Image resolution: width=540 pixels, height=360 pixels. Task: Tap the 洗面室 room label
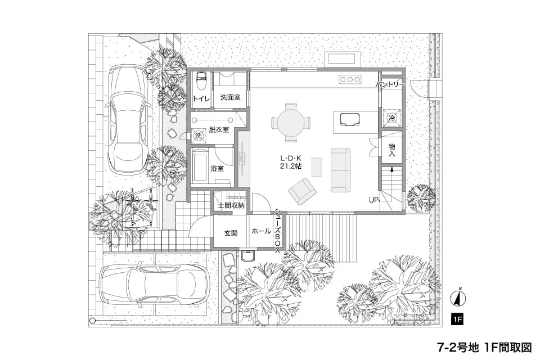pos(230,97)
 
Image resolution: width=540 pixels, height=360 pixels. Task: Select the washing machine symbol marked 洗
pos(199,136)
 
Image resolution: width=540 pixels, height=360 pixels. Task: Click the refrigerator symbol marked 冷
pos(392,118)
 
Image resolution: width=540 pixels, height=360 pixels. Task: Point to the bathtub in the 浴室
pos(200,166)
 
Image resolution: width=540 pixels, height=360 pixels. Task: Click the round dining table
pos(291,122)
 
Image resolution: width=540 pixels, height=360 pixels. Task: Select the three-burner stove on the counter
pos(350,79)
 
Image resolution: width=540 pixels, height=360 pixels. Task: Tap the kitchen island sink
pos(350,119)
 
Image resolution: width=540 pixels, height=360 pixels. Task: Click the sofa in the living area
pos(340,170)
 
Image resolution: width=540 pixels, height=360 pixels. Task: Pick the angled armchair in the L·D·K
pos(303,191)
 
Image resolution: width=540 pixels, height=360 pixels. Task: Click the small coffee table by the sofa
pos(317,167)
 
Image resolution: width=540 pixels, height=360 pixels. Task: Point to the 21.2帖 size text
pos(291,166)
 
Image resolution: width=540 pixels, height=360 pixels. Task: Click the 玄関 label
pos(231,233)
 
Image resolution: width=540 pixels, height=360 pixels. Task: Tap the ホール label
pos(261,231)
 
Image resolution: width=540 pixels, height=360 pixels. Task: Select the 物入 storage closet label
pos(392,150)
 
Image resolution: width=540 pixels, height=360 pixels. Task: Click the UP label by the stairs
pos(373,200)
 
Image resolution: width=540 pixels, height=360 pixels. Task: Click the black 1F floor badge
pos(457,319)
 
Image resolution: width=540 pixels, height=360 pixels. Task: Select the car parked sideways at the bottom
pos(155,286)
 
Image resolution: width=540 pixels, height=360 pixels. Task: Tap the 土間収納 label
pos(231,206)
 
